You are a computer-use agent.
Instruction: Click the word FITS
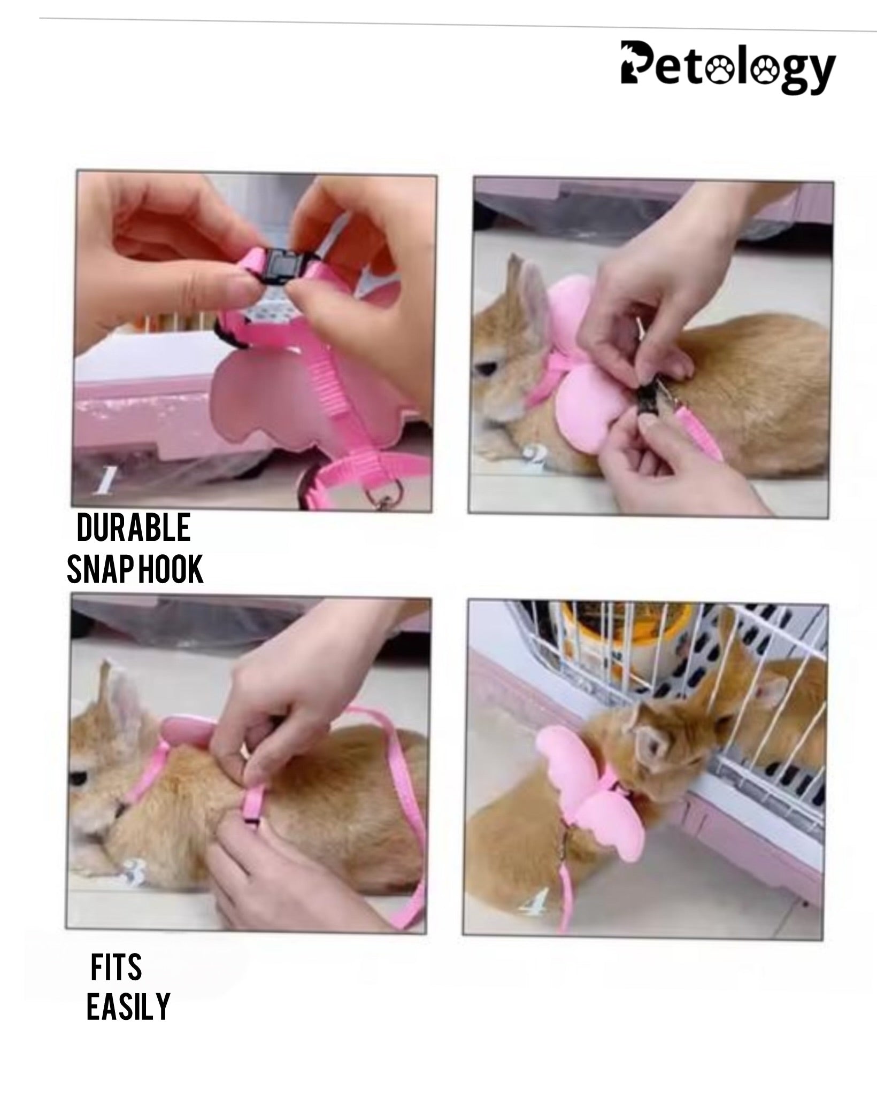[116, 967]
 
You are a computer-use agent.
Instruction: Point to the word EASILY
[128, 1006]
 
